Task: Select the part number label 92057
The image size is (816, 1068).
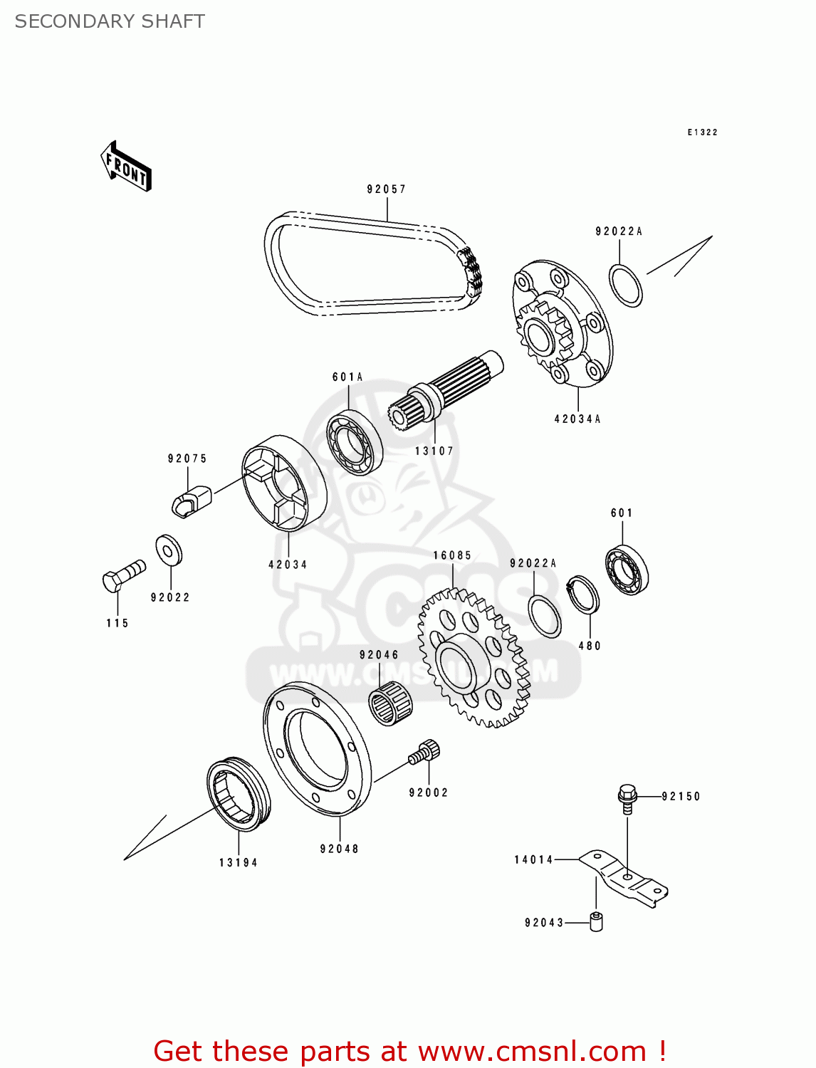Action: [x=386, y=189]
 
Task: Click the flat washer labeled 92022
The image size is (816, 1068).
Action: [x=169, y=550]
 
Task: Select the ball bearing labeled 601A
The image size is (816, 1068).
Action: [x=355, y=441]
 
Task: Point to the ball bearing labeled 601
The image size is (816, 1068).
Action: [x=627, y=570]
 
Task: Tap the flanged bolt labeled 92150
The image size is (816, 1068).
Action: [x=627, y=798]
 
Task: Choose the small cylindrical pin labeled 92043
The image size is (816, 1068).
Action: [x=596, y=922]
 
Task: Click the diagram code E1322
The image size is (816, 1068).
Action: [x=702, y=132]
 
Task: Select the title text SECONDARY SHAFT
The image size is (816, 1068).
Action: [x=110, y=21]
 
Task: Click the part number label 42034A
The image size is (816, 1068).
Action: [x=577, y=419]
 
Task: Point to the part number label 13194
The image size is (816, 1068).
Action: [x=238, y=863]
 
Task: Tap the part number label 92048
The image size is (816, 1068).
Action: [x=339, y=849]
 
